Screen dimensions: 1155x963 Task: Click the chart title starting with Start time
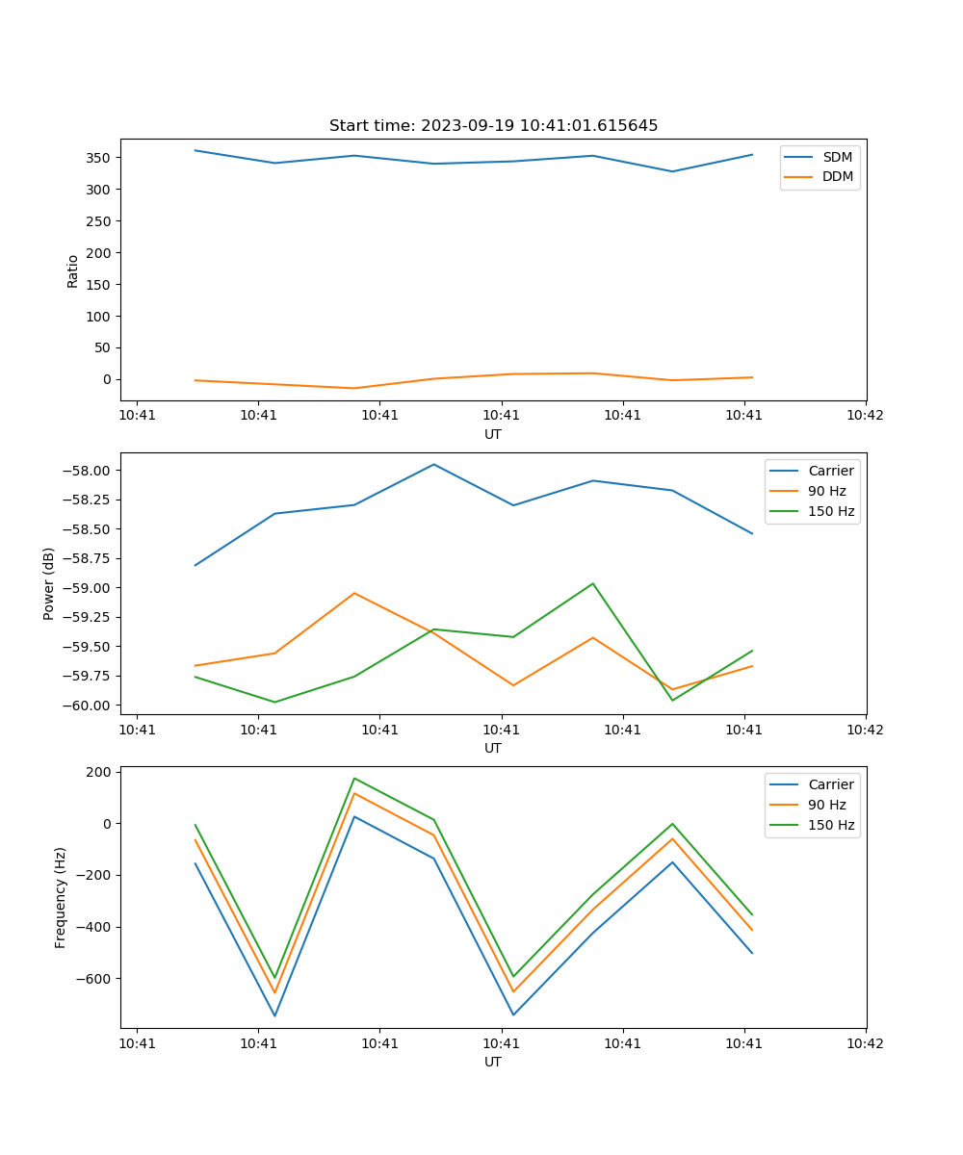tap(493, 126)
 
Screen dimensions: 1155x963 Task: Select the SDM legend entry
tap(837, 157)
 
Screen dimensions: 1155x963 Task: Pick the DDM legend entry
tap(837, 177)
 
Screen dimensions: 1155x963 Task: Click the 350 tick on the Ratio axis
tap(99, 158)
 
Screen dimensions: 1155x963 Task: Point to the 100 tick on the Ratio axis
tap(99, 317)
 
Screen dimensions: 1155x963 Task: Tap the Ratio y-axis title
tap(73, 270)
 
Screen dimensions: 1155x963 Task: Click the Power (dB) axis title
tap(49, 583)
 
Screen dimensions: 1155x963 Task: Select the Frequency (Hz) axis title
tap(61, 897)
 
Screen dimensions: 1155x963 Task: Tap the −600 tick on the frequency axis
tap(95, 979)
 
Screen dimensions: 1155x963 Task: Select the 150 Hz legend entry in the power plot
tap(831, 511)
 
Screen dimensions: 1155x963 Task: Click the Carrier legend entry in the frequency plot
tap(830, 784)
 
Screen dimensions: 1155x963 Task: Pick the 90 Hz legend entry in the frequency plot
tap(826, 805)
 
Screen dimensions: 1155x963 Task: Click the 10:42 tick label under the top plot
tap(864, 416)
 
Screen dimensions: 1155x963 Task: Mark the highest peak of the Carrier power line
tap(433, 464)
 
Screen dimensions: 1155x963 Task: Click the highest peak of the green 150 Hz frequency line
tap(354, 778)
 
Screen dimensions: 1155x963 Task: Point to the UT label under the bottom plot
tap(493, 1063)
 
